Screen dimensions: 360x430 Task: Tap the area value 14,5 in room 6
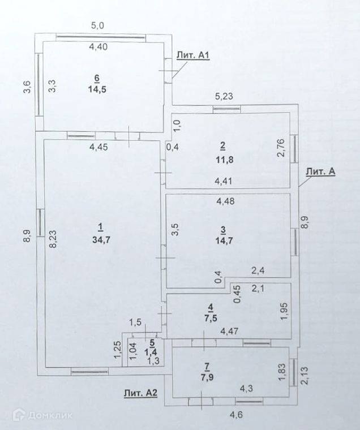[97, 88]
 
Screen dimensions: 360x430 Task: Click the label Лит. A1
[194, 55]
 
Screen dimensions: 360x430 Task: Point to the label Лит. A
[320, 172]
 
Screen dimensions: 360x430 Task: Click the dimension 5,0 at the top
[98, 25]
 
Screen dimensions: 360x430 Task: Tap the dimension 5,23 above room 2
[222, 97]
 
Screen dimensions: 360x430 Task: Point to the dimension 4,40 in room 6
[99, 48]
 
